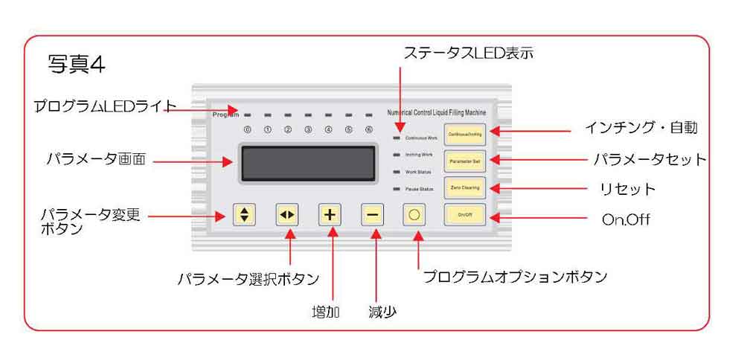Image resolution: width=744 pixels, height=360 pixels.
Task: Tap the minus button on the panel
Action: point(373,215)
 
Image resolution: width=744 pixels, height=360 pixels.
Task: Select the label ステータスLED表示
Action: point(468,53)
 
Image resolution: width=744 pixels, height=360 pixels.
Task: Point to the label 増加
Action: point(325,312)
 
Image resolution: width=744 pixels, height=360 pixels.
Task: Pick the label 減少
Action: point(382,312)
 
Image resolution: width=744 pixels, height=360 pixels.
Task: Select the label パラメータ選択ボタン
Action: point(248,279)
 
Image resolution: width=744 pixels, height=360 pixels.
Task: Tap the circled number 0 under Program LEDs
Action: point(247,129)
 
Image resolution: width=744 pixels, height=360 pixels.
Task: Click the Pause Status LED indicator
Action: point(397,190)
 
